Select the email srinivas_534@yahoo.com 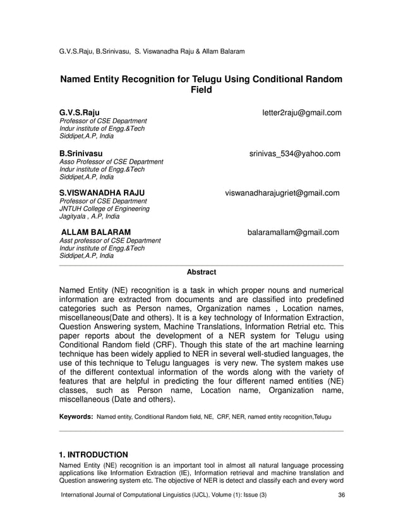[x=294, y=154]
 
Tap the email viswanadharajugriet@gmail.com [x=282, y=193]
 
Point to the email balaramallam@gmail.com [x=292, y=233]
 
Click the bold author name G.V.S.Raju [x=79, y=112]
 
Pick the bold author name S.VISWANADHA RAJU [x=102, y=193]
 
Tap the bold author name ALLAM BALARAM [x=96, y=233]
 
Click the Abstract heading [x=201, y=272]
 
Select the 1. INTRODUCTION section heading [x=93, y=454]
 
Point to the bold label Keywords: [x=76, y=417]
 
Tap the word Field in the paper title [x=201, y=91]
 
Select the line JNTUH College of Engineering [x=104, y=209]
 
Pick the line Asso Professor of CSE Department [x=111, y=162]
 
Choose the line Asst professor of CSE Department [x=110, y=241]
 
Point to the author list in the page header [x=151, y=51]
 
